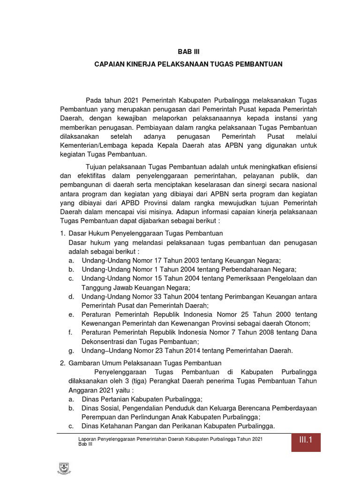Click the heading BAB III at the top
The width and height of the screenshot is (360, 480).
tap(187, 52)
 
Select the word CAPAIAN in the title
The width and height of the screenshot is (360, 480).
tap(111, 64)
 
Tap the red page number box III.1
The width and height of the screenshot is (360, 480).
tap(306, 440)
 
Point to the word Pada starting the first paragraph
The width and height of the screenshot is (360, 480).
tap(94, 100)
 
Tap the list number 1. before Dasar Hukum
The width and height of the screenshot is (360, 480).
tap(62, 233)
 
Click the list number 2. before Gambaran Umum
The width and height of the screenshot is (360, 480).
tap(62, 363)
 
